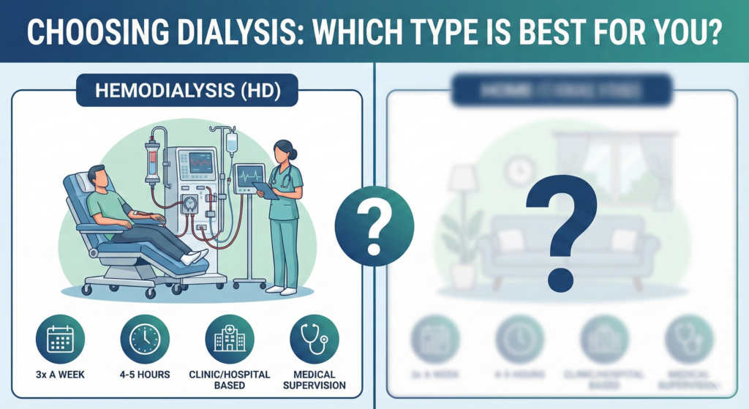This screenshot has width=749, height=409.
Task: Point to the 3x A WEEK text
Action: [60, 375]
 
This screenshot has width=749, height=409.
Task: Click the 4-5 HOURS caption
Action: [145, 375]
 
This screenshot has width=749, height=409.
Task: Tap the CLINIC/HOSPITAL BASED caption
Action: [230, 380]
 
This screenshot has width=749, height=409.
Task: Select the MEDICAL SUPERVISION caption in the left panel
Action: [314, 380]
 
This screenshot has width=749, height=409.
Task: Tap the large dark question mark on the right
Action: [559, 227]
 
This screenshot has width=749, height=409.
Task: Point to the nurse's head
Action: [284, 152]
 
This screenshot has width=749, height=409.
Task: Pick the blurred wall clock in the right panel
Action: [519, 170]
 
